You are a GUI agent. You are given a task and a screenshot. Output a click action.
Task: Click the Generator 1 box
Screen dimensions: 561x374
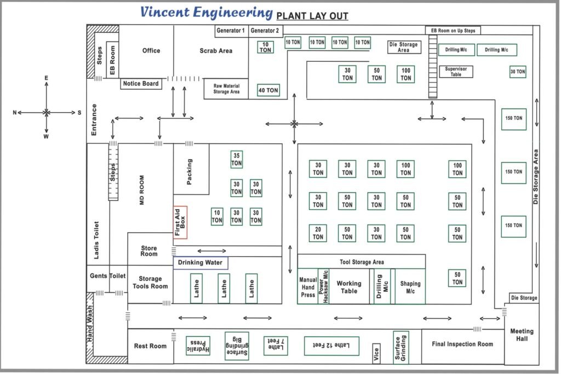click(231, 31)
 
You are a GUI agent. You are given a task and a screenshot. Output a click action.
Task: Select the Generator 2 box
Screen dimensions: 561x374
click(265, 31)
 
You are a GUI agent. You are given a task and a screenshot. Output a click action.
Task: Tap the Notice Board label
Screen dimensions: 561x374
click(141, 84)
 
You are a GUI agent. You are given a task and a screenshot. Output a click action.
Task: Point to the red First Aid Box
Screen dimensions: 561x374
click(180, 222)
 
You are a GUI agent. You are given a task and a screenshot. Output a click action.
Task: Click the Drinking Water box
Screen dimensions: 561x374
click(201, 263)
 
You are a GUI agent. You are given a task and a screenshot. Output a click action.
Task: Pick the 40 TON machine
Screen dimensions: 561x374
click(268, 90)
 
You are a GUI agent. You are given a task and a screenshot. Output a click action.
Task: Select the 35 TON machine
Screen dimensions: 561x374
click(237, 159)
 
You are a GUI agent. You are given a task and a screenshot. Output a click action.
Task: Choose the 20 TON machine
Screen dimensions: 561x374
click(318, 233)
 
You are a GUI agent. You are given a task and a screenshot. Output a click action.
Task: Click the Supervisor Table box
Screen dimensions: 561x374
click(456, 72)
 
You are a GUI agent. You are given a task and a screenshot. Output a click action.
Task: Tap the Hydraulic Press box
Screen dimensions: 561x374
click(198, 346)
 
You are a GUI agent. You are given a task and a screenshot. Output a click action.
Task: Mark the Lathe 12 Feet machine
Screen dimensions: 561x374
click(331, 346)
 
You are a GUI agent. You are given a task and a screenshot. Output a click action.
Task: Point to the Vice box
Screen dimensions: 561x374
click(376, 354)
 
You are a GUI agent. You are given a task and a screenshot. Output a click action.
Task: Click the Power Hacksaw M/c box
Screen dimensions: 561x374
click(324, 286)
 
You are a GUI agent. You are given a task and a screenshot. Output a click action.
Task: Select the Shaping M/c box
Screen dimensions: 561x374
click(410, 286)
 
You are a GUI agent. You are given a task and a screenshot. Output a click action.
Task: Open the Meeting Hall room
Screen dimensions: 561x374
click(522, 335)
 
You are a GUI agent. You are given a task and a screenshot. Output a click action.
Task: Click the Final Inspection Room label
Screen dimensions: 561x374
click(462, 344)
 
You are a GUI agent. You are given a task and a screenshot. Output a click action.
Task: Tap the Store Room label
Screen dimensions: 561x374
click(149, 251)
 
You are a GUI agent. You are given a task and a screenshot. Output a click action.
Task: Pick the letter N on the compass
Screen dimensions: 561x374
click(15, 113)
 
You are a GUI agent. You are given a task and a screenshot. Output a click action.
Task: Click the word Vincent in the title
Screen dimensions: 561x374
click(164, 12)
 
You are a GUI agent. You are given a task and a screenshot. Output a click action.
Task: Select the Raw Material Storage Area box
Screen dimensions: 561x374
click(226, 89)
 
